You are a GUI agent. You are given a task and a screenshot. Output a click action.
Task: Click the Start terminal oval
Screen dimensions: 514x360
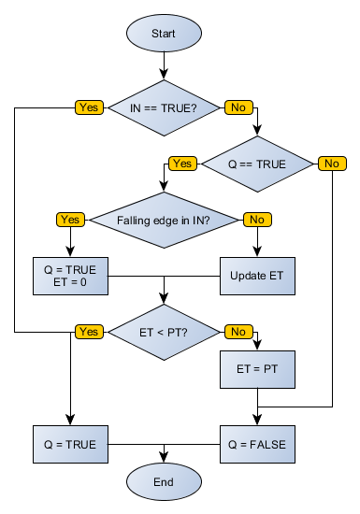pos(164,34)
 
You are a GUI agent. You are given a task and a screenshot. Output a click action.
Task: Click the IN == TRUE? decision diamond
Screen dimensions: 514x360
pos(164,107)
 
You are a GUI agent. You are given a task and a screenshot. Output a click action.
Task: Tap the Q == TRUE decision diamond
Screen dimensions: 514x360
pos(257,164)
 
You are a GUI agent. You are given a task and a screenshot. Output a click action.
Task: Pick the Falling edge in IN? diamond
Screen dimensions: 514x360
pos(164,220)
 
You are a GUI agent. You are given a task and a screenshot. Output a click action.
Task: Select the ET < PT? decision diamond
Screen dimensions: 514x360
pos(164,332)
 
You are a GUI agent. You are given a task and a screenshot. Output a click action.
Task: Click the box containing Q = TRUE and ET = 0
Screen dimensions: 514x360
pos(70,276)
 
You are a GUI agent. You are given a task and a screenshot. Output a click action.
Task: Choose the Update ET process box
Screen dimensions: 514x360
pos(257,276)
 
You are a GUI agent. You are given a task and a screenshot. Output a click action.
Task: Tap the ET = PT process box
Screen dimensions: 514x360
pos(257,369)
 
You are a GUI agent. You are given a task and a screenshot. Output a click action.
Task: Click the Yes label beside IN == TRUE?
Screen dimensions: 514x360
pos(89,107)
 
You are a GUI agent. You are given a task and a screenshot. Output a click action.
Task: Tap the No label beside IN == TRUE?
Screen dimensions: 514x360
pos(238,107)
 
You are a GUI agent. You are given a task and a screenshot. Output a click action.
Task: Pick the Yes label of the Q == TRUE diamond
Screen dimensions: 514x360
pos(182,164)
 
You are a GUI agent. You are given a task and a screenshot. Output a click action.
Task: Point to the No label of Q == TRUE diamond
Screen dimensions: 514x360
pos(331,164)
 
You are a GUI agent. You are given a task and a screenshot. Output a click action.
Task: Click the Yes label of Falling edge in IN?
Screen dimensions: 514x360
pos(70,220)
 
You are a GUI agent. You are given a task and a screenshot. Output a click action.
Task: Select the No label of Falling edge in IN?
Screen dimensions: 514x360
pos(256,220)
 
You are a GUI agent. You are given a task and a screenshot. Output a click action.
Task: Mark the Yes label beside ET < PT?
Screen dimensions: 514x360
pos(89,332)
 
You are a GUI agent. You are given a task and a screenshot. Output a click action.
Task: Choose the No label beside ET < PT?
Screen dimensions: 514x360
pos(238,332)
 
